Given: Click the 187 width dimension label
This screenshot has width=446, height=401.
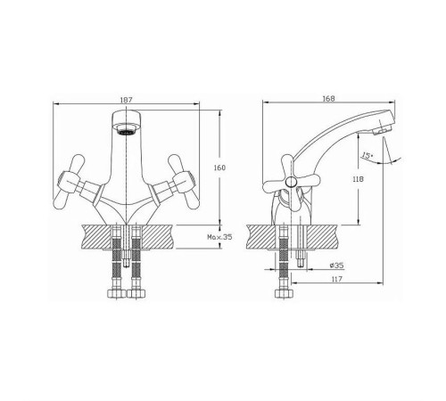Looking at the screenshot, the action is (x=126, y=100).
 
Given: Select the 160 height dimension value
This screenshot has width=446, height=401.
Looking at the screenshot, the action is (x=219, y=168).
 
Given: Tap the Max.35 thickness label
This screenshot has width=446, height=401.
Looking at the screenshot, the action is (x=219, y=237).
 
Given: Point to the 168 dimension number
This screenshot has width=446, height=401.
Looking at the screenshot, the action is (x=328, y=98).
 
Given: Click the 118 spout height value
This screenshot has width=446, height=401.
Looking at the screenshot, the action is (x=358, y=179).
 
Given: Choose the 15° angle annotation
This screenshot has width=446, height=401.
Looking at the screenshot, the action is (x=368, y=155).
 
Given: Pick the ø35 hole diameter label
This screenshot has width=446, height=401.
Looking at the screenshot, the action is (x=337, y=265).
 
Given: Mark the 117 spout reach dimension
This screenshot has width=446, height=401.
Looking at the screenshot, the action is (x=337, y=279).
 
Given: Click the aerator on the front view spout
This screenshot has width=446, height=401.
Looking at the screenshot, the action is (x=127, y=129).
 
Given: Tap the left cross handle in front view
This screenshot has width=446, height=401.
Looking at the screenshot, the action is (x=67, y=182).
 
